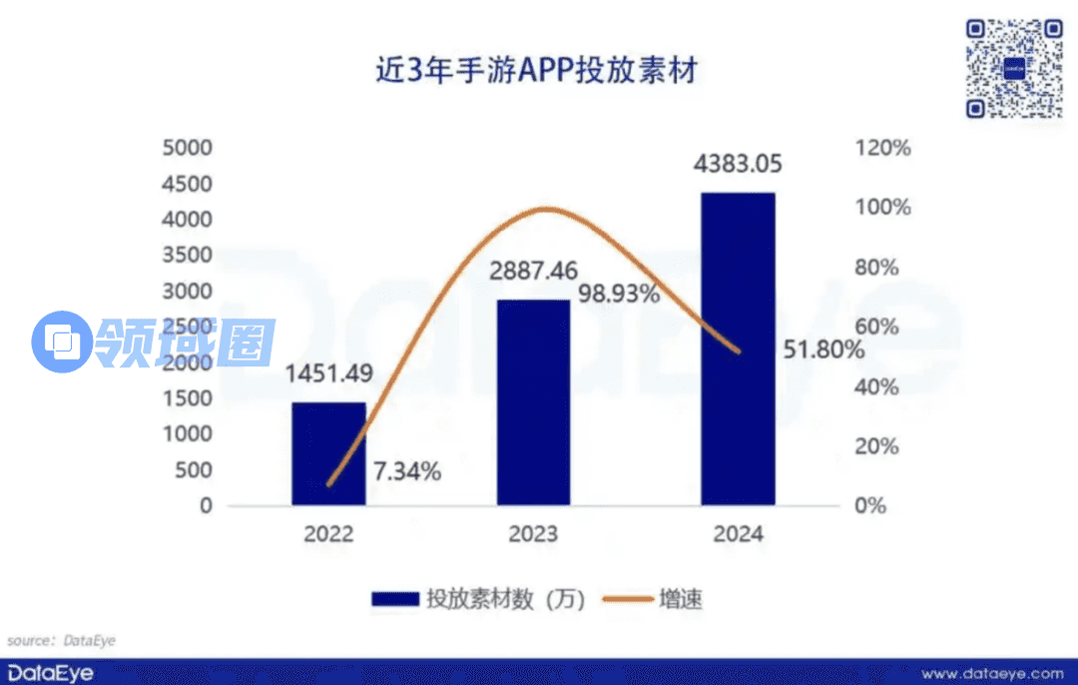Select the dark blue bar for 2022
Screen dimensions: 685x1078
328,453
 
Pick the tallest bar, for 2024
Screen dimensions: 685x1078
738,348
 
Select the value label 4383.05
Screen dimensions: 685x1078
738,163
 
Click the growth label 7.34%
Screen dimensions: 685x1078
406,471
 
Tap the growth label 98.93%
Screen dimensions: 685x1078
619,295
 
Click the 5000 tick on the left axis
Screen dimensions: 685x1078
189,148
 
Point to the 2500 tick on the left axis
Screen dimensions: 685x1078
189,327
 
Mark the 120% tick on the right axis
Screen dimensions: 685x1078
884,148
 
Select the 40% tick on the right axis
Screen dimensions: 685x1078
884,386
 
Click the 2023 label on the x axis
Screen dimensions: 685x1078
533,534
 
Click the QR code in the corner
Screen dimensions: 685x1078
1014,68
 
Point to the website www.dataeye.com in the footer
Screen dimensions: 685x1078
991,672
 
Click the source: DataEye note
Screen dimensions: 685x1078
62,640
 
